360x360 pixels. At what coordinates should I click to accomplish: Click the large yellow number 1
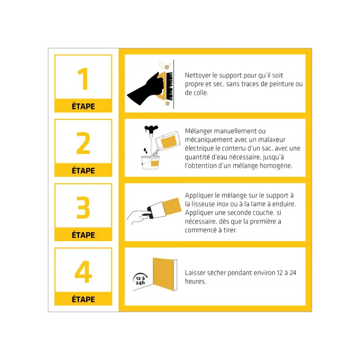[x=84, y=79]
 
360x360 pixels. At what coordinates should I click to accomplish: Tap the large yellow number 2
[x=83, y=143]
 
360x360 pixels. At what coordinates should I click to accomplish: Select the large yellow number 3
[x=83, y=207]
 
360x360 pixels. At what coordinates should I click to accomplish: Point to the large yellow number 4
[x=83, y=272]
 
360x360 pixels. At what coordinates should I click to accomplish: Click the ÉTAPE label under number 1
[x=83, y=106]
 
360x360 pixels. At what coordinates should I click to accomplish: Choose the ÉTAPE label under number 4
[x=83, y=299]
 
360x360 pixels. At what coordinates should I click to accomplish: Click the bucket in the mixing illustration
[x=150, y=162]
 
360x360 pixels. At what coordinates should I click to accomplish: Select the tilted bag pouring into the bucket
[x=167, y=140]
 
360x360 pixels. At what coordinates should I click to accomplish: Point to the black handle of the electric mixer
[x=151, y=128]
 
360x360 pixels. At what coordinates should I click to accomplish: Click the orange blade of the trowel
[x=172, y=207]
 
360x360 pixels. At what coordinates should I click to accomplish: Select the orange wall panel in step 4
[x=163, y=274]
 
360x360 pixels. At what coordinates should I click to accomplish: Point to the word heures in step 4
[x=196, y=282]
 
